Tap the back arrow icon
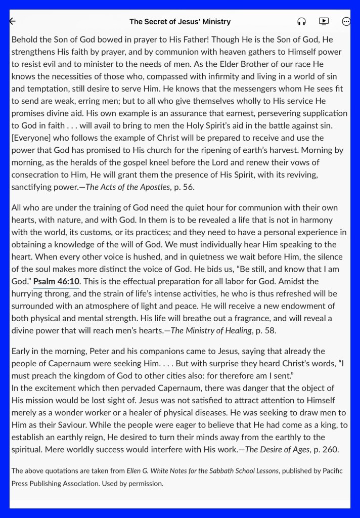coord(13,21)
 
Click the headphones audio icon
coord(301,22)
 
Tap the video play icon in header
coord(324,21)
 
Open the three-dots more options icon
coord(346,21)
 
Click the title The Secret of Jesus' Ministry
coord(180,21)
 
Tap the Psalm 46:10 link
coord(56,281)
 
